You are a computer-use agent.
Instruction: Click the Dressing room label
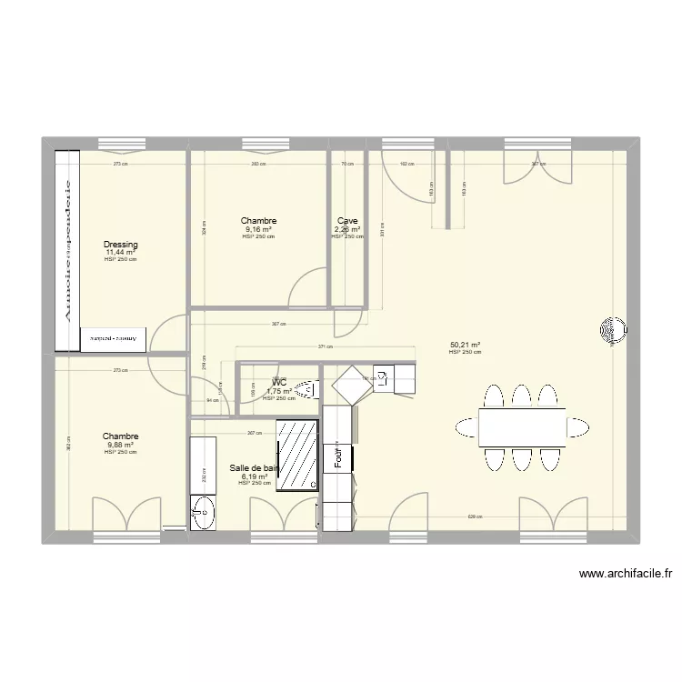pos(120,245)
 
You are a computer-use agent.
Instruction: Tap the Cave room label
pos(347,221)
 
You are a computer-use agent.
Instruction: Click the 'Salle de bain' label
pos(254,467)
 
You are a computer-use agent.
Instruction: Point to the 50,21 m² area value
pos(465,345)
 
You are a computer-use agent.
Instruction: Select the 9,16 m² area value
pos(258,230)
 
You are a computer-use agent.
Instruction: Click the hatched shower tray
pos(297,455)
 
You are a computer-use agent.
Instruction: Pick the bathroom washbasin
pos(203,512)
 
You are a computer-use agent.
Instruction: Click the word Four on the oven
pos(337,459)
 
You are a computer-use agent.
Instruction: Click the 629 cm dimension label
pos(473,517)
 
